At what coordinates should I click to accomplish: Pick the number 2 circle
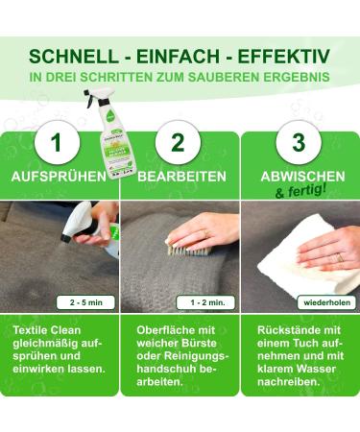[178, 142]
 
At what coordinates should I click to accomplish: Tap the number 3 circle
[298, 142]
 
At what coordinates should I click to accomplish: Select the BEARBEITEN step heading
[180, 178]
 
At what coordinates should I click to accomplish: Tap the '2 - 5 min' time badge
[84, 301]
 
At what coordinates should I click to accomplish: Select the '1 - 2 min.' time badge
[204, 301]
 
